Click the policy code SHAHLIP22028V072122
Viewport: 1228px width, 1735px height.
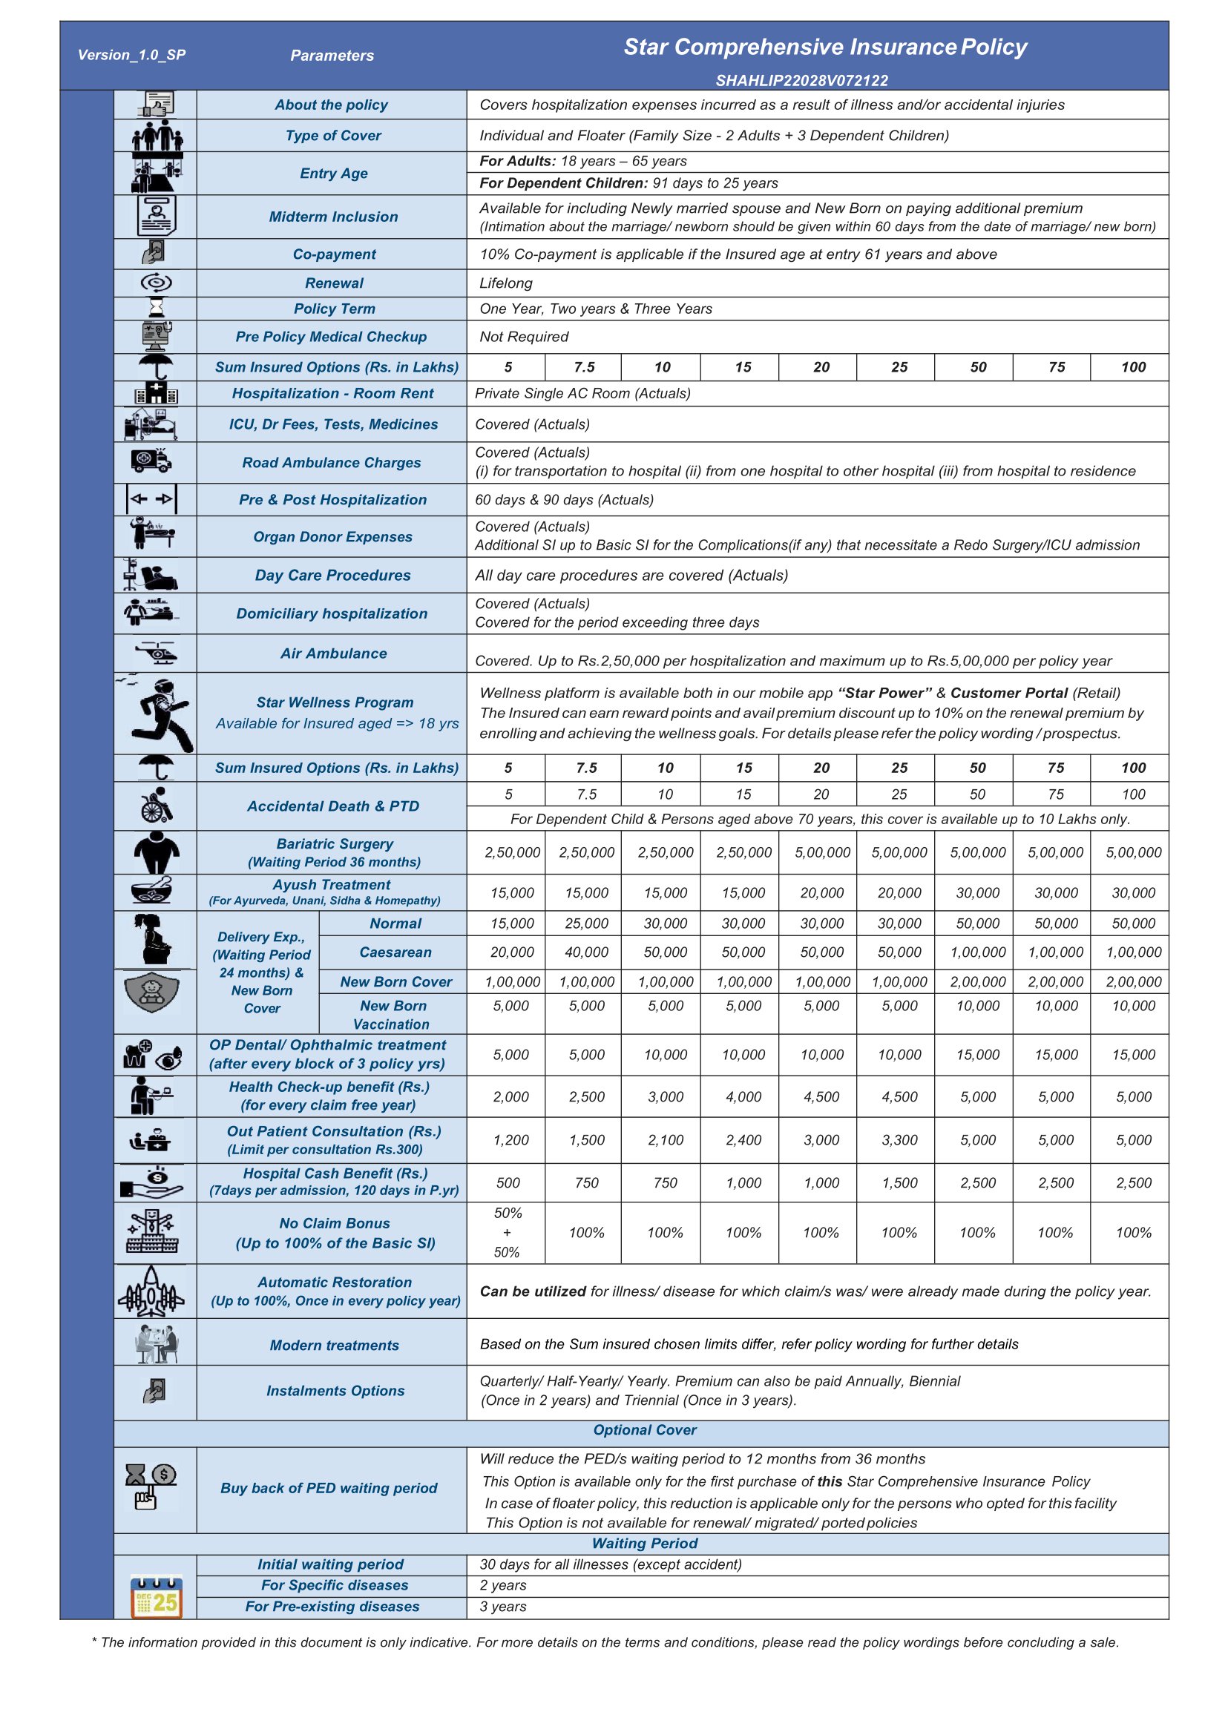pos(801,81)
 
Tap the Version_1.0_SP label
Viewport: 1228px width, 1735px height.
pos(131,55)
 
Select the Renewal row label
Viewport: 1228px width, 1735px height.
pos(333,283)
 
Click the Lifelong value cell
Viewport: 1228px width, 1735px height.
pos(506,283)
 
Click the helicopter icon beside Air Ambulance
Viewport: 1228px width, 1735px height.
pos(156,653)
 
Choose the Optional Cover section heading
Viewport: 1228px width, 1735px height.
pos(644,1429)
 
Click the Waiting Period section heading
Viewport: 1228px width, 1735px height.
pos(644,1543)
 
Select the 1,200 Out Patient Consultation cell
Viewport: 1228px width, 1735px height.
pos(511,1140)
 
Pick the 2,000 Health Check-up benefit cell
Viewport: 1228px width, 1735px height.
pos(511,1097)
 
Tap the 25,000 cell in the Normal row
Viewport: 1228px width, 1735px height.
pos(587,923)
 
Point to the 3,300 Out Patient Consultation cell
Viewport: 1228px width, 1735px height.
pos(899,1140)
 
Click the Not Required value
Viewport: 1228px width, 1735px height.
pos(523,337)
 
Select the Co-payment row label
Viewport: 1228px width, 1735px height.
pos(333,254)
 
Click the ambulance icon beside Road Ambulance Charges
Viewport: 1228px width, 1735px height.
pos(151,461)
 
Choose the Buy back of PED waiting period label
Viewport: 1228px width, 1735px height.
pos(329,1488)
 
